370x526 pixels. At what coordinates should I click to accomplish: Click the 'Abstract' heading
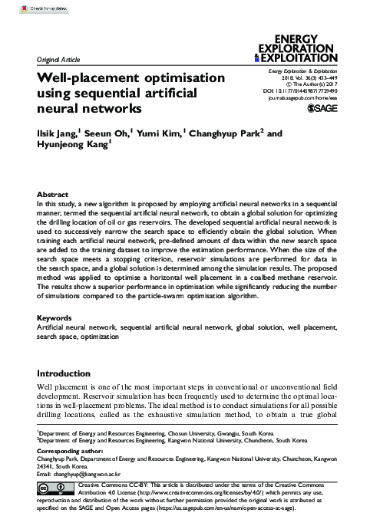53,196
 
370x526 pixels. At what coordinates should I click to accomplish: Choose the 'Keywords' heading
57,340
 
